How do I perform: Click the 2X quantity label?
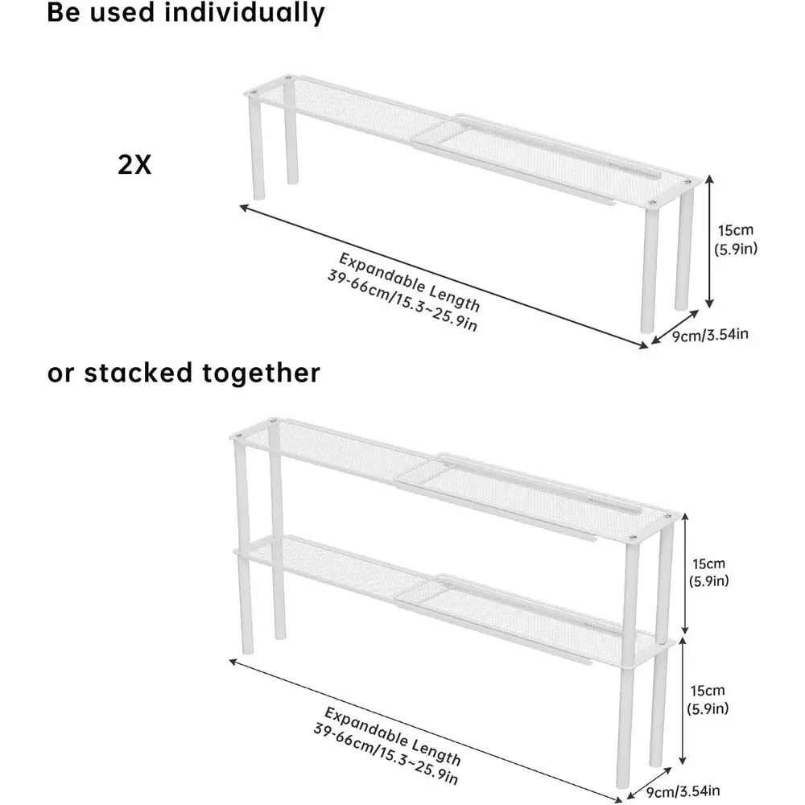tap(134, 164)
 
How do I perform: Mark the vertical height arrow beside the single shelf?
tap(708, 242)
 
